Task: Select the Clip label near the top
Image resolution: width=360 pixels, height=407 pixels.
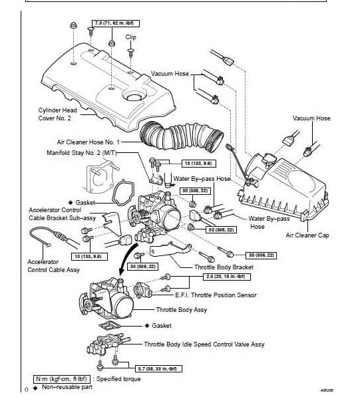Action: click(131, 38)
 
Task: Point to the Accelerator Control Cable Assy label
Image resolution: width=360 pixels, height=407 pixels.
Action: click(53, 266)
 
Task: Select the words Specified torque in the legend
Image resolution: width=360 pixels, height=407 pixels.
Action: click(120, 378)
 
